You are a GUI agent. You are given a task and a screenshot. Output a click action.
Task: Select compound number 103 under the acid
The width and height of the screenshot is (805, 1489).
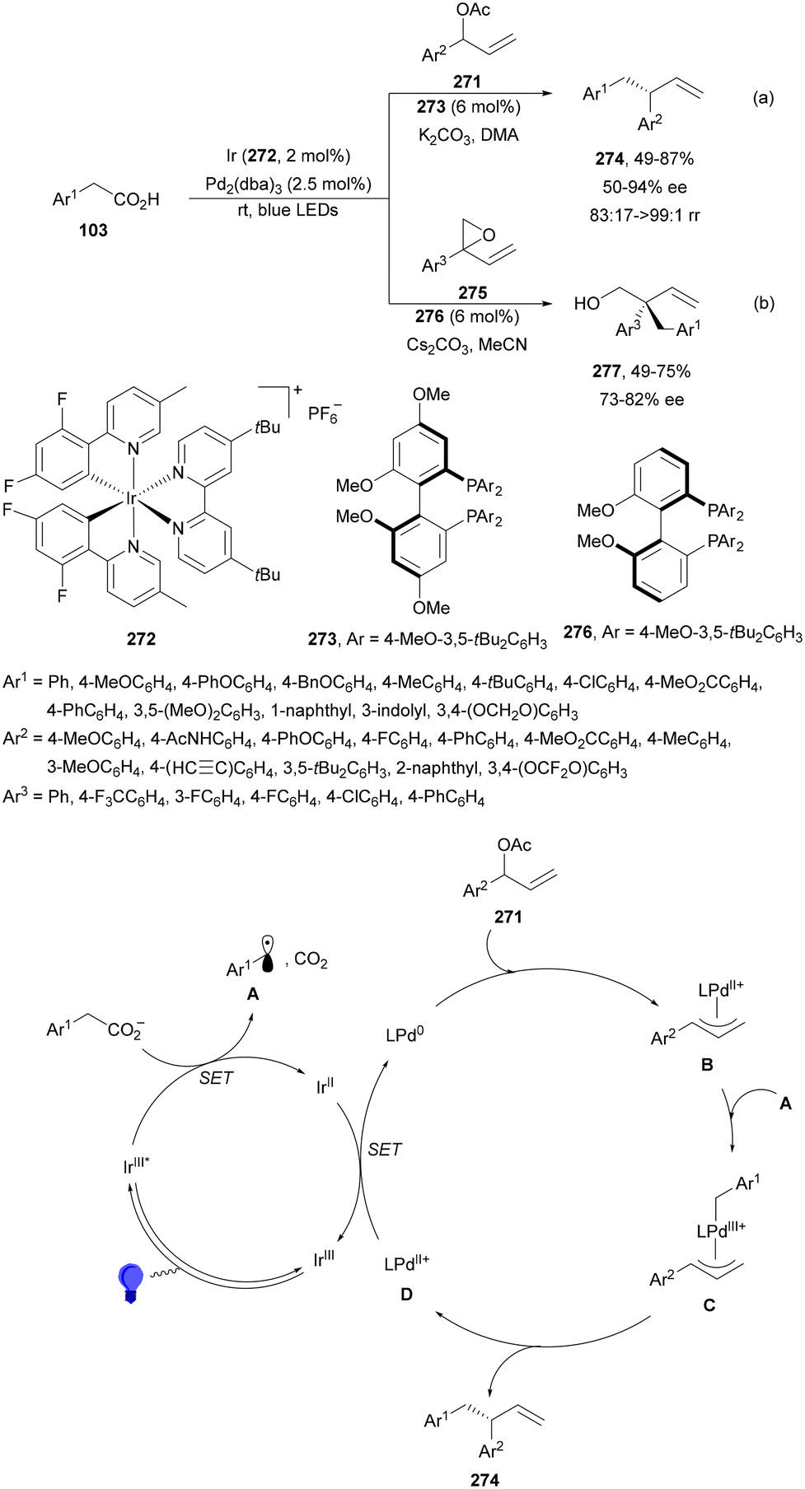93,230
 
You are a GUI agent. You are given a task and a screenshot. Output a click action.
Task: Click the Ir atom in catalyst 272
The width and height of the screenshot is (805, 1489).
132,498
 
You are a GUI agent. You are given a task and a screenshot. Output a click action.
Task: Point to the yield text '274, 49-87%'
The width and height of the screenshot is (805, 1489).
644,158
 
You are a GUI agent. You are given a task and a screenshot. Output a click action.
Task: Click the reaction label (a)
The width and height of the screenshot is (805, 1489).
763,98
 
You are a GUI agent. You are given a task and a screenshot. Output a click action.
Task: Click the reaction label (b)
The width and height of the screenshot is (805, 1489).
763,303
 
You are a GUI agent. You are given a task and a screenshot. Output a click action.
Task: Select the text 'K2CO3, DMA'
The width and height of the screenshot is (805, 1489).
468,135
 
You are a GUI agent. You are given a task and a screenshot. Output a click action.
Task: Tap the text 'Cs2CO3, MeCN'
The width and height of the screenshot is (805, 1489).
466,344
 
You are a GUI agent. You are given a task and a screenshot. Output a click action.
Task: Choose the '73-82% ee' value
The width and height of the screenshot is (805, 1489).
642,399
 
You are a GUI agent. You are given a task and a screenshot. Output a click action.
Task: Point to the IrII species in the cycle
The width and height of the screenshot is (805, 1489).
325,1086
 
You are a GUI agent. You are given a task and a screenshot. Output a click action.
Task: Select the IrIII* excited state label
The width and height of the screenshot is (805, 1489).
136,1165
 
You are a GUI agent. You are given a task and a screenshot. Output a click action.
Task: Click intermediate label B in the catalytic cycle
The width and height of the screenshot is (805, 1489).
706,1065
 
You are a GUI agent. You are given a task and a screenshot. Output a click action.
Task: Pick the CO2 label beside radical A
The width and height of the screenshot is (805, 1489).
311,959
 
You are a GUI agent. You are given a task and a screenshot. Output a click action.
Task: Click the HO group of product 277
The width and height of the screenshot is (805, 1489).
587,303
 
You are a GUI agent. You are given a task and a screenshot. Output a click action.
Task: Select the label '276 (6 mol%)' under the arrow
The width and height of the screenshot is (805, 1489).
466,316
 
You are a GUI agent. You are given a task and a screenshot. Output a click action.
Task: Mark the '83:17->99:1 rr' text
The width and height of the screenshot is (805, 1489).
644,215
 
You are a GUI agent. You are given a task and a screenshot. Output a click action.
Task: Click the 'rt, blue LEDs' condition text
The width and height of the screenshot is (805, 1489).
288,210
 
